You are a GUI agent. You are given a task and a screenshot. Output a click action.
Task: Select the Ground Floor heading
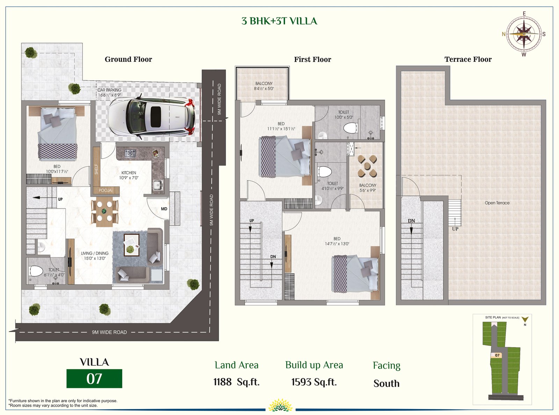pyautogui.click(x=128, y=59)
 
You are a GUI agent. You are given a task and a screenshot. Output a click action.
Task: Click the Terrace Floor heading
pyautogui.click(x=468, y=59)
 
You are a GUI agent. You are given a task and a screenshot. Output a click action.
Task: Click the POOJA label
pyautogui.click(x=105, y=190)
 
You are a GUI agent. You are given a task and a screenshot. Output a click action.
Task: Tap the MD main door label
pyautogui.click(x=164, y=209)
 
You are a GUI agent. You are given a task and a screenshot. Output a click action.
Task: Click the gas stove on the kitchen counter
pyautogui.click(x=130, y=153)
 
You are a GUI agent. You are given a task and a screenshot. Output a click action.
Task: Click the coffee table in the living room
pyautogui.click(x=132, y=245)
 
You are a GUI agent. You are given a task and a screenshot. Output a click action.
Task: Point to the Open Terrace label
pyautogui.click(x=497, y=203)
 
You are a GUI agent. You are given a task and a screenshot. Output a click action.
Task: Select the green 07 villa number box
pyautogui.click(x=94, y=378)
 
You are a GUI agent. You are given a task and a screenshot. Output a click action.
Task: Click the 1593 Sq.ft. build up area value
pyautogui.click(x=314, y=382)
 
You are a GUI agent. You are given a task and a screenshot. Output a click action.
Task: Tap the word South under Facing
pyautogui.click(x=386, y=384)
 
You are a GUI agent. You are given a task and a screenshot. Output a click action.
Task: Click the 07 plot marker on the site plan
pyautogui.click(x=497, y=355)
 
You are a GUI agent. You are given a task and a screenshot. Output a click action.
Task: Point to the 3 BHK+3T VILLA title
pyautogui.click(x=279, y=21)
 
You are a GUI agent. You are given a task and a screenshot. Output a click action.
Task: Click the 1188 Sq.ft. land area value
pyautogui.click(x=237, y=382)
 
